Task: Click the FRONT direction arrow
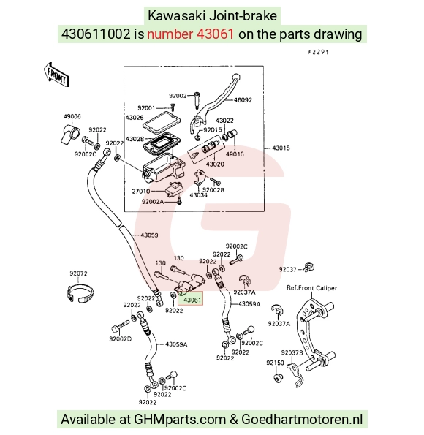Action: pyautogui.click(x=56, y=75)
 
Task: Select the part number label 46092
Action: pyautogui.click(x=243, y=100)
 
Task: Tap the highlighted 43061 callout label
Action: pyautogui.click(x=192, y=300)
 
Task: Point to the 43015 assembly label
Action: pyautogui.click(x=281, y=148)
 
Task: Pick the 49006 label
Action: pyautogui.click(x=72, y=116)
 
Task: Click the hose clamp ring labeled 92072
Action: pyautogui.click(x=80, y=293)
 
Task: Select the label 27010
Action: pyautogui.click(x=141, y=192)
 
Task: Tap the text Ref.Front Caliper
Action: pyautogui.click(x=311, y=288)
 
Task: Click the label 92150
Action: pyautogui.click(x=276, y=363)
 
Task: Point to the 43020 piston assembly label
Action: pyautogui.click(x=215, y=164)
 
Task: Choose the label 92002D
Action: pyautogui.click(x=120, y=339)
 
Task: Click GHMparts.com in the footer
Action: pyautogui.click(x=180, y=420)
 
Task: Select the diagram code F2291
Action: pyautogui.click(x=318, y=52)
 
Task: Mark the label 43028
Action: pyautogui.click(x=135, y=139)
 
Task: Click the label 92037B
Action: pyautogui.click(x=292, y=352)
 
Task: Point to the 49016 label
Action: pyautogui.click(x=235, y=154)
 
